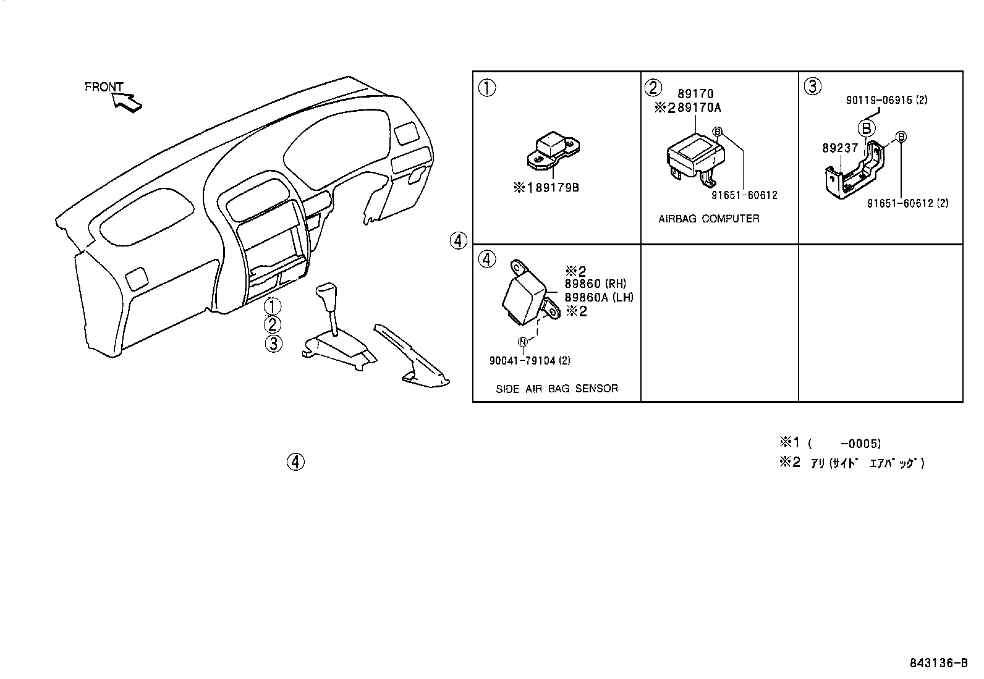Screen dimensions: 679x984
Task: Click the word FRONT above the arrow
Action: coord(104,87)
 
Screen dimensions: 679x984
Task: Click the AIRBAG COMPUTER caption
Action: coord(708,219)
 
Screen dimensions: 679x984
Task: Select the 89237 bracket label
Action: coord(840,148)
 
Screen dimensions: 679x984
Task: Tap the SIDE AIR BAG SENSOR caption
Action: coord(556,389)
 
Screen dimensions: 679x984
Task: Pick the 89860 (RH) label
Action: coord(595,284)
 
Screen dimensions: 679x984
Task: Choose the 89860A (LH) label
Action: coord(598,297)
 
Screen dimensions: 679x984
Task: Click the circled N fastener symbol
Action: coord(523,342)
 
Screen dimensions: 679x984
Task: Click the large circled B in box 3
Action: coord(867,128)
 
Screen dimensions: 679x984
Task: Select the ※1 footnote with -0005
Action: coord(829,443)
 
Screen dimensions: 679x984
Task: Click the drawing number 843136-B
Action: coord(938,664)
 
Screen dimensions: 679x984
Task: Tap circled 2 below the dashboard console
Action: coord(273,324)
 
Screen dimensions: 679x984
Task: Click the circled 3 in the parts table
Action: coord(812,87)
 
